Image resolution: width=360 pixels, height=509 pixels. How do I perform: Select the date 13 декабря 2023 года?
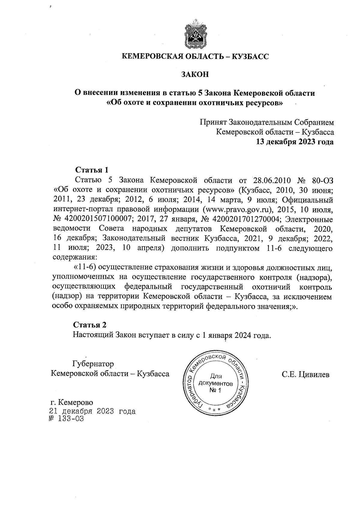click(294, 142)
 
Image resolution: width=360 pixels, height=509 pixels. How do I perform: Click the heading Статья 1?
click(91, 170)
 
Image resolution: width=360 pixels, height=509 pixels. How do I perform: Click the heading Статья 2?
click(90, 325)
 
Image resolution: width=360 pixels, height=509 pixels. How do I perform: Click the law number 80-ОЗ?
click(322, 180)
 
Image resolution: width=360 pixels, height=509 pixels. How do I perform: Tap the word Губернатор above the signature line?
click(93, 364)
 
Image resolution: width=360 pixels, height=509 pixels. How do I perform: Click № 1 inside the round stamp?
click(215, 391)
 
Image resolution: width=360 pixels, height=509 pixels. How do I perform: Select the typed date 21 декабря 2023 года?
click(92, 411)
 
